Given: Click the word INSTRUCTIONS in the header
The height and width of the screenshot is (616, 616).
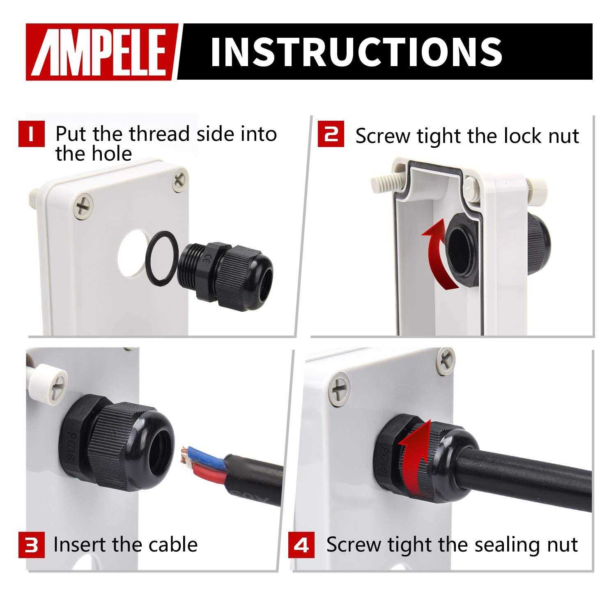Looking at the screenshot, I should pyautogui.click(x=356, y=52).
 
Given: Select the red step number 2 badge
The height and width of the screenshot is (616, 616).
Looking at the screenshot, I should pyautogui.click(x=331, y=134).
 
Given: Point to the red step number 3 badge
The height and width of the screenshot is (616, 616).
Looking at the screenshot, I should pyautogui.click(x=31, y=545).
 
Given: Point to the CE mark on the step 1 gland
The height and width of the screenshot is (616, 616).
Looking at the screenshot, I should pyautogui.click(x=207, y=259).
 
